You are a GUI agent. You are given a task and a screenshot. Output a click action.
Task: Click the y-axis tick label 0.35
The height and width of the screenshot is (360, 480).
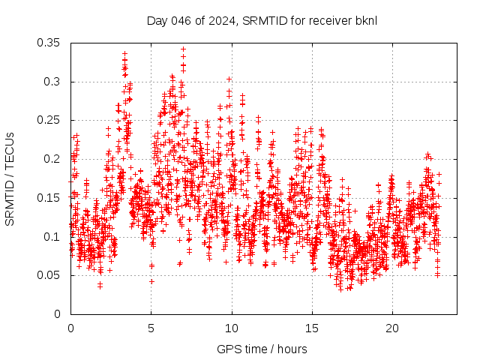coord(49,43)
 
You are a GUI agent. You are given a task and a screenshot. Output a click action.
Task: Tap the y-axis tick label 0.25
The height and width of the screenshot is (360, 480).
coord(49,120)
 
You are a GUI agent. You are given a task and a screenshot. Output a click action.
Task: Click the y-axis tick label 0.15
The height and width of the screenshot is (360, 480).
coord(49,198)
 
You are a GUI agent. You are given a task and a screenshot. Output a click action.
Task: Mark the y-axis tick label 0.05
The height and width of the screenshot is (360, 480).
coord(49,275)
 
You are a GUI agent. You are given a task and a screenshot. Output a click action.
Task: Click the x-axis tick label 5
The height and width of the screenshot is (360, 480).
coord(151,328)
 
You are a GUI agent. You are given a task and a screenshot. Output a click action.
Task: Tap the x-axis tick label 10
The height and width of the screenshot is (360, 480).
coord(232,328)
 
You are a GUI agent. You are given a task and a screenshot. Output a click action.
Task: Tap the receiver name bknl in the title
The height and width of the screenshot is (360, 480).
coord(364,20)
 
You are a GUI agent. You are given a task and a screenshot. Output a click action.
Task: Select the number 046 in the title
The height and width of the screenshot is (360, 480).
coord(178,20)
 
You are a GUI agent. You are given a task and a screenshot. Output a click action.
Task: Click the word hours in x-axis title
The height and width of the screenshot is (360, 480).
coord(291,349)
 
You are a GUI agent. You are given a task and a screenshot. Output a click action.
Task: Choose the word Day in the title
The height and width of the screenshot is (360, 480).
coord(157,20)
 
